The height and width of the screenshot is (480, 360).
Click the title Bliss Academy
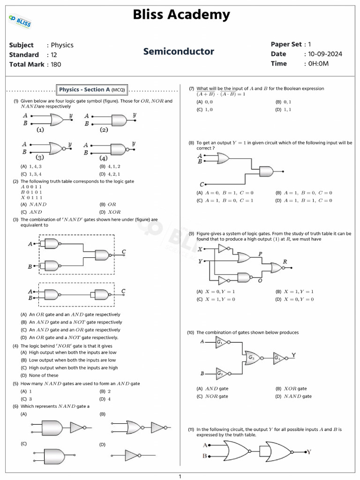(x=181, y=15)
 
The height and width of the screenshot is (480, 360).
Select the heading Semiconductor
(x=179, y=52)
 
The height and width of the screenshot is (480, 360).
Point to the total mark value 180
(x=56, y=64)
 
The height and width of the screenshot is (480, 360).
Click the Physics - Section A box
(x=92, y=90)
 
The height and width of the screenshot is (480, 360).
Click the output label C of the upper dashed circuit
(x=124, y=252)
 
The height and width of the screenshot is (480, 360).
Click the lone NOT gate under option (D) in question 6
(x=133, y=455)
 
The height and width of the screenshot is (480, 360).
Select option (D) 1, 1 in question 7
(x=284, y=110)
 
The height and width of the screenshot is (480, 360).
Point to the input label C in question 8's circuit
(x=201, y=184)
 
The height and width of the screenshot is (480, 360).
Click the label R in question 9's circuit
(x=285, y=261)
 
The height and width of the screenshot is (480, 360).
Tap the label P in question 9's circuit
(x=260, y=253)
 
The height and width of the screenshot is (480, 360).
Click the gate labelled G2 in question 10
(x=221, y=374)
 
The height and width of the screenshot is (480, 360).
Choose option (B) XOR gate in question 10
(x=291, y=389)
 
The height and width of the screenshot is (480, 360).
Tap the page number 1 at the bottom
(x=180, y=477)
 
